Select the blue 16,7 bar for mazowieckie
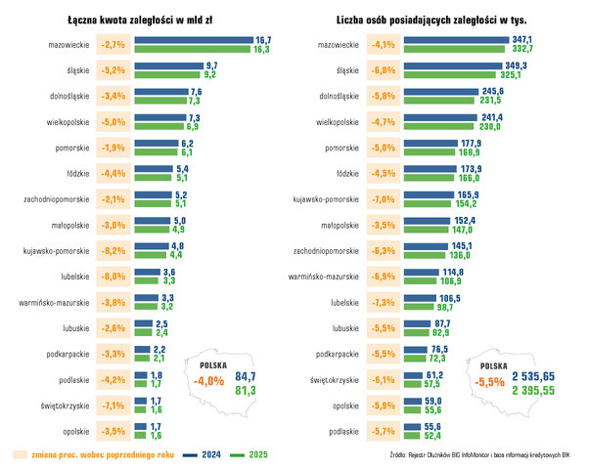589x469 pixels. coord(193,40)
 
